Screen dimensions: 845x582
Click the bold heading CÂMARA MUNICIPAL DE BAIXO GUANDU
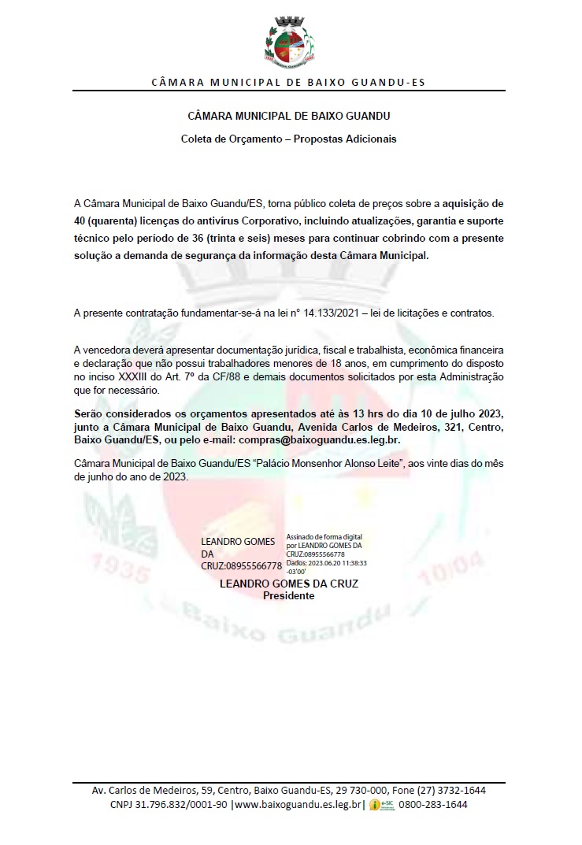pyautogui.click(x=289, y=116)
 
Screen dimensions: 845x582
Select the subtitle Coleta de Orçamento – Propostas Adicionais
pyautogui.click(x=289, y=139)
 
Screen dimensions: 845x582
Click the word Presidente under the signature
pyautogui.click(x=288, y=596)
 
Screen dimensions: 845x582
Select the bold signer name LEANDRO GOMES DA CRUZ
pyautogui.click(x=288, y=585)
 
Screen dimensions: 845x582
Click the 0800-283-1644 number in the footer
pyautogui.click(x=433, y=804)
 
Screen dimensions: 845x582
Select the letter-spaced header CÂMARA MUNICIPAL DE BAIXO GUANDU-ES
pyautogui.click(x=289, y=83)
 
